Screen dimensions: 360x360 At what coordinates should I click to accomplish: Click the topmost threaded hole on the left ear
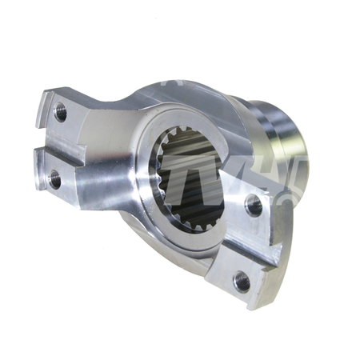[x=61, y=112]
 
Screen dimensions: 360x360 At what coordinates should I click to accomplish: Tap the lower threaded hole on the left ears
[x=54, y=179]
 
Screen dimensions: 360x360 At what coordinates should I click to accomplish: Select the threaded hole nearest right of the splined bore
[x=254, y=205]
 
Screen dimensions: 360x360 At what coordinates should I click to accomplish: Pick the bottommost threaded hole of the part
[x=242, y=280]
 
